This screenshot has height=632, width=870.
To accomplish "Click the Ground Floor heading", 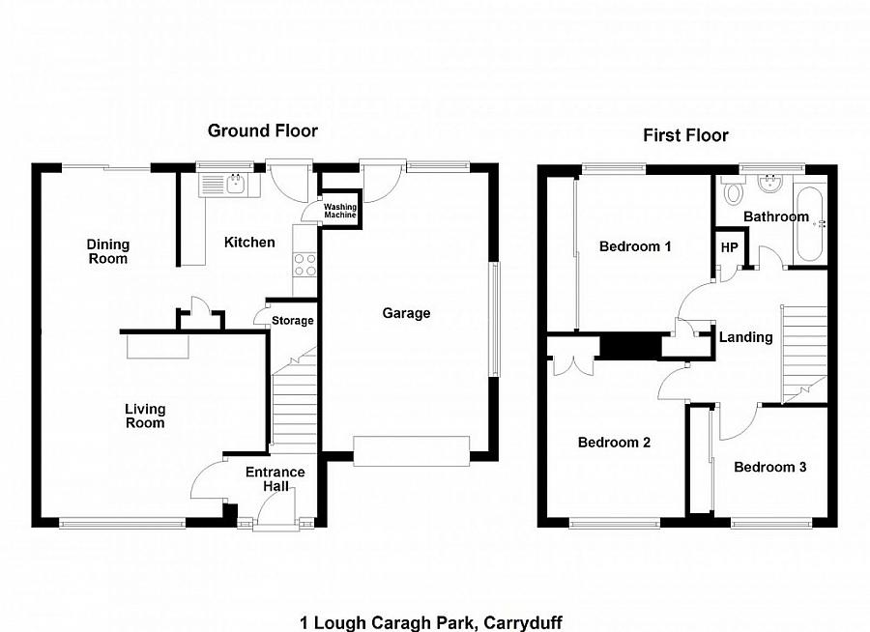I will [263, 131].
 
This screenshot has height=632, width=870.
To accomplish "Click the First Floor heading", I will [685, 135].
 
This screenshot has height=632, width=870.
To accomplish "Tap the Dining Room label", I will [107, 251].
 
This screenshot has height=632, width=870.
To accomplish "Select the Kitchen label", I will [249, 243].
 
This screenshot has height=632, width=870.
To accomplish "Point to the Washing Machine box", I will [339, 211].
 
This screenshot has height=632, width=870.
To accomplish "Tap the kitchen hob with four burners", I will [305, 264].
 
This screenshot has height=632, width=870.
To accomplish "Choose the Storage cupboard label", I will [292, 321].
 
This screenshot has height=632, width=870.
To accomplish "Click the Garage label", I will [406, 313].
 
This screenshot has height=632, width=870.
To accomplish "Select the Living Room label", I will [144, 416].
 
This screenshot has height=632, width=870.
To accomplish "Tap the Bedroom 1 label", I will [635, 246].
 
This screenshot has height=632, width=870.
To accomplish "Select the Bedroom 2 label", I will [613, 443].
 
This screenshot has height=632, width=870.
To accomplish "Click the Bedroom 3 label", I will [769, 468].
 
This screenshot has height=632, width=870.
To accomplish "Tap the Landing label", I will [745, 337].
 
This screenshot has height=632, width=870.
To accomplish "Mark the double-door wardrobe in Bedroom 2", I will [570, 360].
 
